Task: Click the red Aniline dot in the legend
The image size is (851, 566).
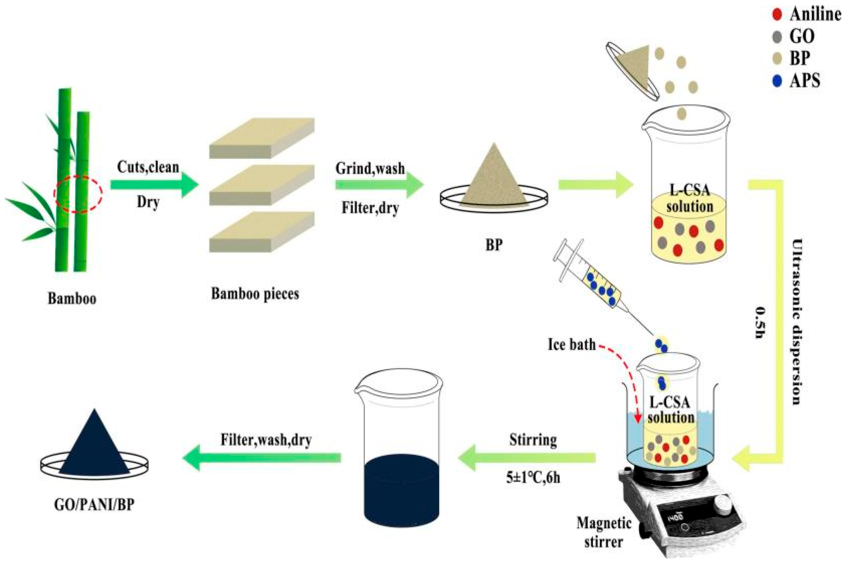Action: [777, 14]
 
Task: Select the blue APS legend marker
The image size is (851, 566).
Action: [777, 81]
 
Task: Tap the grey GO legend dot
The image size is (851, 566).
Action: [777, 37]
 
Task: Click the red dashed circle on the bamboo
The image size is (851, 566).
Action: [78, 194]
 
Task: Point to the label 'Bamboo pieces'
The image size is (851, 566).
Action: [255, 294]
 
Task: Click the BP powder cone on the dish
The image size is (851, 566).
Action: [494, 179]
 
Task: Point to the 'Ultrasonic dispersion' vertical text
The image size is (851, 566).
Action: [796, 321]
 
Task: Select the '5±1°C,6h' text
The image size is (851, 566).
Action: [533, 477]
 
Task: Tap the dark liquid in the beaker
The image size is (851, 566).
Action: [401, 490]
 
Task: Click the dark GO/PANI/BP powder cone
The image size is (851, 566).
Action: [94, 446]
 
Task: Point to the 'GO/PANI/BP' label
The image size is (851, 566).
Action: [94, 505]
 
